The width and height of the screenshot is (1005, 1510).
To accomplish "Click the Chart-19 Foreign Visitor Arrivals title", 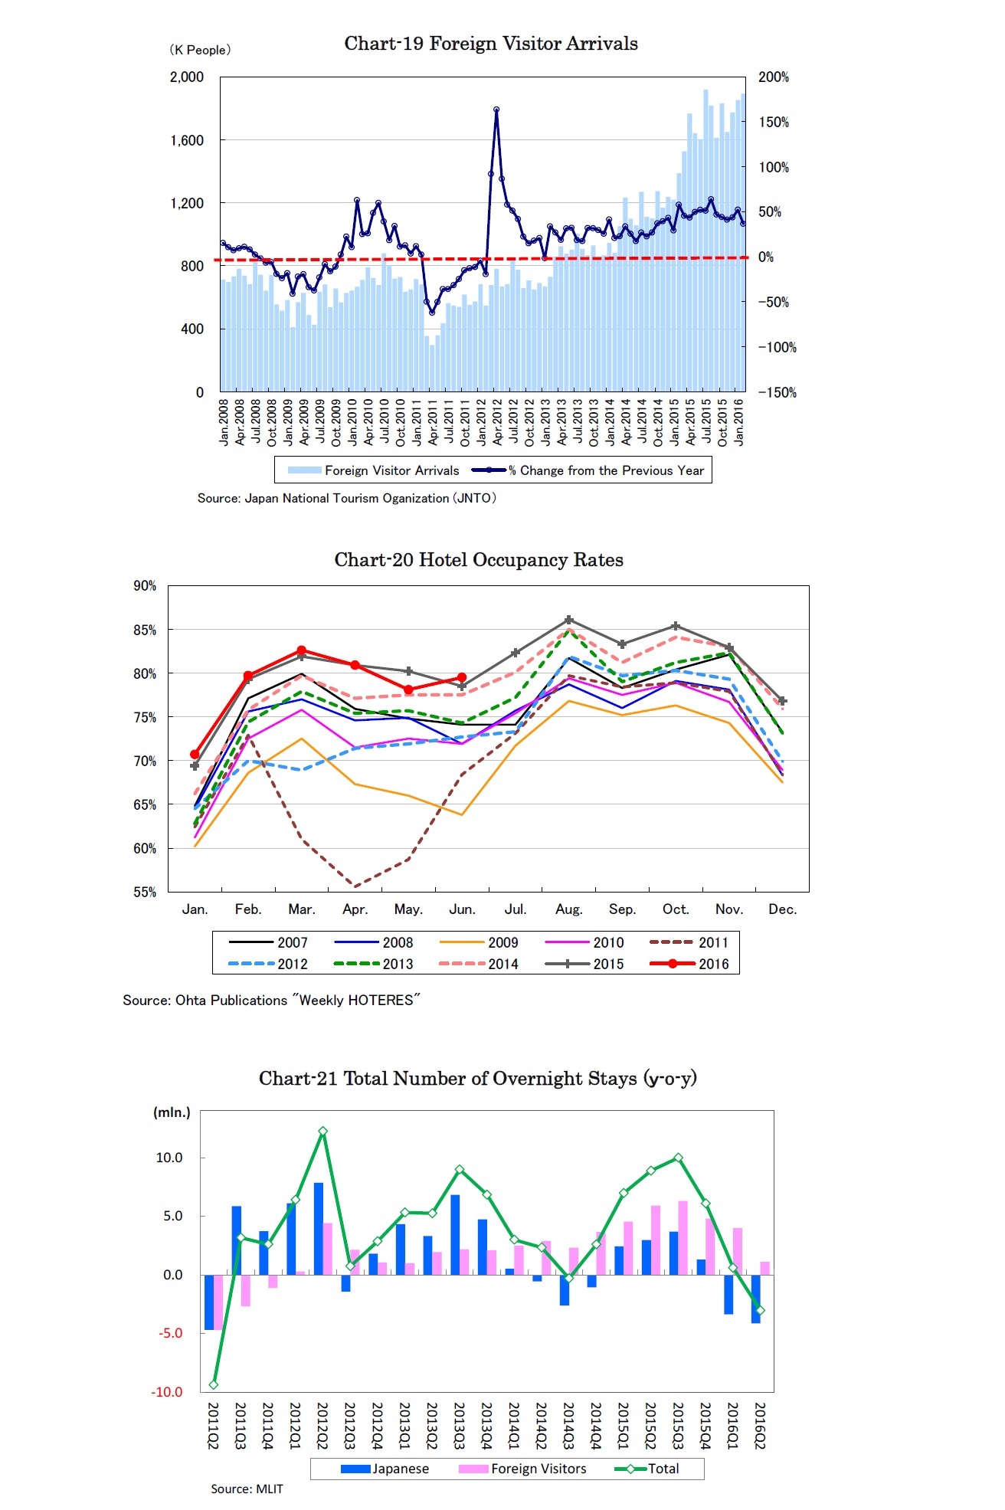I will [x=490, y=44].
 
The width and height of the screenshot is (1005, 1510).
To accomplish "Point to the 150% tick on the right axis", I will [x=773, y=123].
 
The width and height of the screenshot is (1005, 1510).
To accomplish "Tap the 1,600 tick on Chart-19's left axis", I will [x=187, y=140].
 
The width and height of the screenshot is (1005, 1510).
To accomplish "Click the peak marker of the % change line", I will [x=496, y=110].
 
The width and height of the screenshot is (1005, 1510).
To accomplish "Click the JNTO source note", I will [x=346, y=498].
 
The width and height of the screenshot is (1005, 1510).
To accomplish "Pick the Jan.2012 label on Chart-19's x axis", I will [x=482, y=422].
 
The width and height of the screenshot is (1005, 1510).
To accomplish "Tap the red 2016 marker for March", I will [x=301, y=650].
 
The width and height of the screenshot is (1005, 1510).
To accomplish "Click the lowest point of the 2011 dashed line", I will [x=355, y=886].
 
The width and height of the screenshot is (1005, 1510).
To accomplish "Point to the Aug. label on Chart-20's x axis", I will [x=568, y=909].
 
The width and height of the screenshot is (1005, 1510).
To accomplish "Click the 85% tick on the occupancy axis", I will [x=145, y=630].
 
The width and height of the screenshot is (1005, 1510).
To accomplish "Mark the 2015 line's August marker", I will [x=568, y=620].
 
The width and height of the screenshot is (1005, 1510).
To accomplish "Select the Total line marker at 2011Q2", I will [x=214, y=1384].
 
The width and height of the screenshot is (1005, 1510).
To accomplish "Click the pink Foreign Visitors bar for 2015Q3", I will [x=683, y=1237].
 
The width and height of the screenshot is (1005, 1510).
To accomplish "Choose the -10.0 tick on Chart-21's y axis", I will [x=170, y=1392].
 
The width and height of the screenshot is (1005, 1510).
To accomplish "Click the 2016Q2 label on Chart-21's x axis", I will [x=760, y=1426].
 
